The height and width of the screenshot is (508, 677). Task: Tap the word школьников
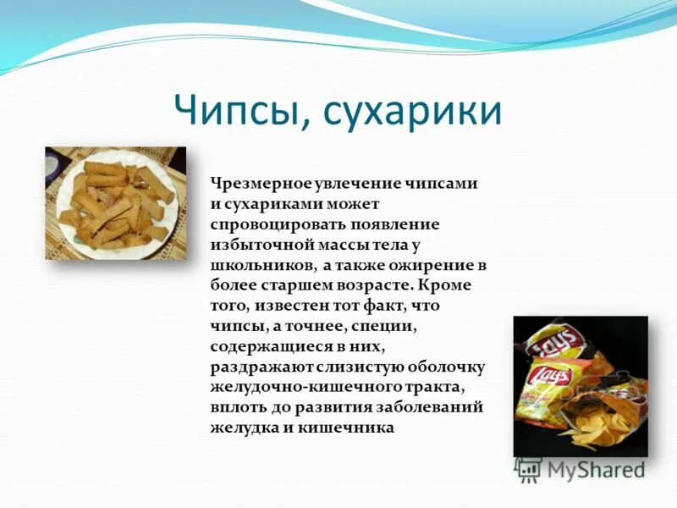[262, 266]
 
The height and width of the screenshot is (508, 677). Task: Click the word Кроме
[450, 285]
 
